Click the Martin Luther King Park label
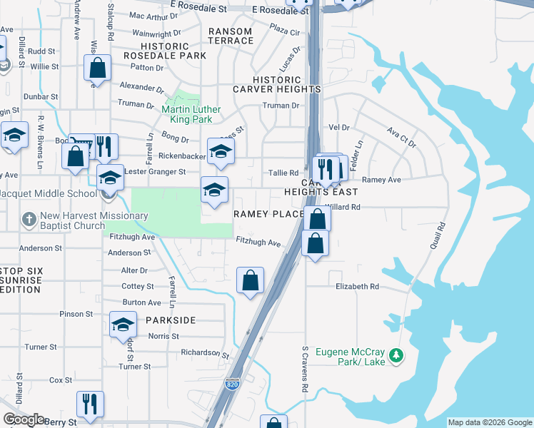pyautogui.click(x=191, y=114)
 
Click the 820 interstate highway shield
pyautogui.click(x=232, y=383)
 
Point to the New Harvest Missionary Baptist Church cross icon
pyautogui.click(x=29, y=220)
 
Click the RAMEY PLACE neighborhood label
pyautogui.click(x=269, y=214)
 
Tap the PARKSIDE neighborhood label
pyautogui.click(x=171, y=320)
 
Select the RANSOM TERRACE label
pyautogui.click(x=231, y=36)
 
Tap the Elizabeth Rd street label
pyautogui.click(x=358, y=287)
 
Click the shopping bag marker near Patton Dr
pyautogui.click(x=98, y=69)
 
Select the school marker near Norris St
pyautogui.click(x=123, y=325)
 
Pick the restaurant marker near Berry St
pyautogui.click(x=90, y=404)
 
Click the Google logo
pyautogui.click(x=24, y=419)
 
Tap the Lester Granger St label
pyautogui.click(x=155, y=172)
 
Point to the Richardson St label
pyautogui.click(x=204, y=353)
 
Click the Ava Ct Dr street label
pyautogui.click(x=401, y=137)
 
